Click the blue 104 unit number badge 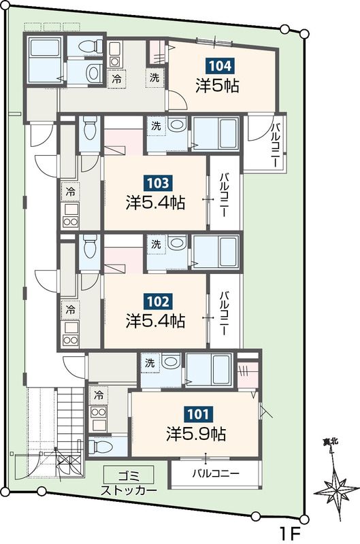click(220, 66)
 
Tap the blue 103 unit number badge click(158, 183)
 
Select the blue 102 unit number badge click(158, 301)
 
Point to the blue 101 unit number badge click(199, 413)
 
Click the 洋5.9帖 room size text click(197, 434)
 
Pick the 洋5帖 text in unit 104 click(217, 86)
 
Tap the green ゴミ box click(129, 475)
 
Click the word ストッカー click(129, 490)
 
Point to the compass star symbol click(337, 492)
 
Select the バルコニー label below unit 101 click(216, 473)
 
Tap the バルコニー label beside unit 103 click(225, 195)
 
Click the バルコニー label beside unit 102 click(225, 313)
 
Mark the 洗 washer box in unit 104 click(154, 78)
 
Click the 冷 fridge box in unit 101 click(98, 395)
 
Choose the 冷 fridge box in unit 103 click(71, 191)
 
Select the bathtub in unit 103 click(215, 133)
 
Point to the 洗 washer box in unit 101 click(150, 363)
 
